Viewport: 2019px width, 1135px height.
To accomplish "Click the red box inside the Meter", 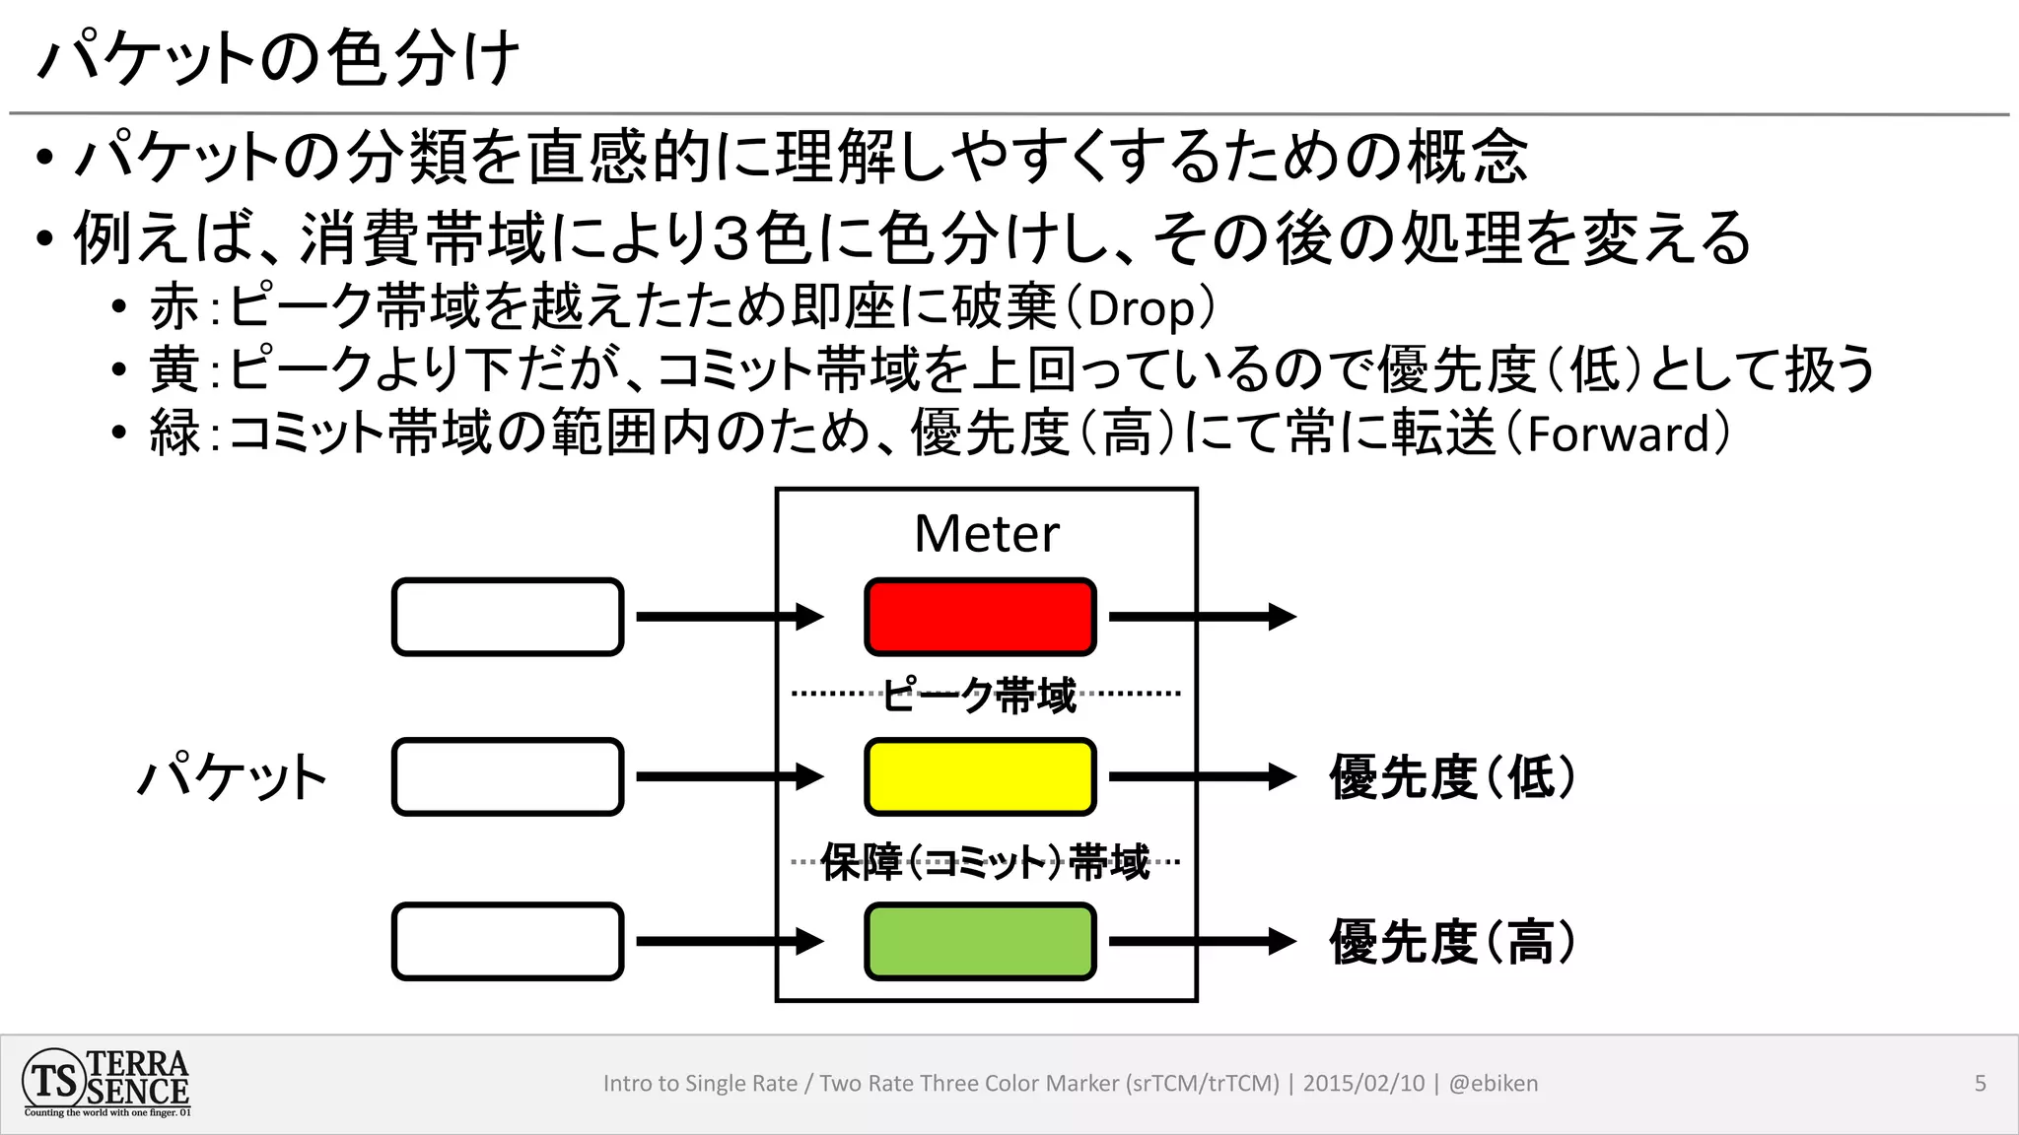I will [980, 617].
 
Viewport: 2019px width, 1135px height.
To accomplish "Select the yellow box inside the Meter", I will [980, 776].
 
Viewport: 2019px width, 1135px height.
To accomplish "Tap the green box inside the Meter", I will [980, 941].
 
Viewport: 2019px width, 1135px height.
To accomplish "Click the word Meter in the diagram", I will [986, 534].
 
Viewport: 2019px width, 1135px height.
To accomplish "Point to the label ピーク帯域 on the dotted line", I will [978, 696].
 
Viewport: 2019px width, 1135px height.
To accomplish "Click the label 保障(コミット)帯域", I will [985, 863].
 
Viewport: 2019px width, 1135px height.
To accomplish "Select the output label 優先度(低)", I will [1451, 777].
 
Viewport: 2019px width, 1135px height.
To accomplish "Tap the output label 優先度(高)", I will [1451, 942].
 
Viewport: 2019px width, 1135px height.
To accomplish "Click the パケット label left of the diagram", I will [232, 777].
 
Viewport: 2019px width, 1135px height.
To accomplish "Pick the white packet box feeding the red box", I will [508, 617].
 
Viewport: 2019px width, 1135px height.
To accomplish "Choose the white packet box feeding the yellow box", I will [508, 776].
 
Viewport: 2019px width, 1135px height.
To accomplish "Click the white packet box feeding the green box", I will [508, 941].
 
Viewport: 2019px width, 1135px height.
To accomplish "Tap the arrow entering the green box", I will [730, 941].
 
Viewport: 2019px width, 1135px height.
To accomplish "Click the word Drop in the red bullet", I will [1141, 309].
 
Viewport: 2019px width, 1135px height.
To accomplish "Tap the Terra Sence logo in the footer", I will [106, 1083].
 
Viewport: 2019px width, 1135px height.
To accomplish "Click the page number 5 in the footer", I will [1980, 1084].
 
